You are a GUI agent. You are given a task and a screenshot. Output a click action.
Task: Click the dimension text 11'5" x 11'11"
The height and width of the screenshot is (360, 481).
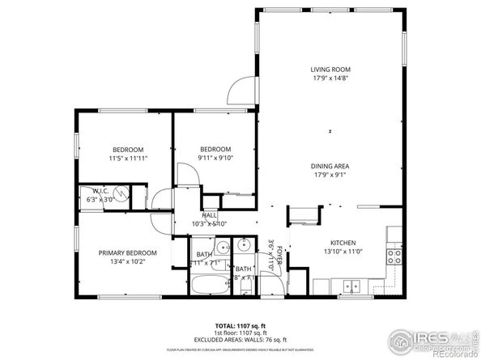point(128,159)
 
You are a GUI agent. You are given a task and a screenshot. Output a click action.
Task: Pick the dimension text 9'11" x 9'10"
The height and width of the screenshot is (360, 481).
point(215,159)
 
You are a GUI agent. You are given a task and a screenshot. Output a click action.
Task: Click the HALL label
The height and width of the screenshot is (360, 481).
point(198,214)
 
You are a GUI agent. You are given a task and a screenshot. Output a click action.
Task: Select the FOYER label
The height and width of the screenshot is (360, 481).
point(279,256)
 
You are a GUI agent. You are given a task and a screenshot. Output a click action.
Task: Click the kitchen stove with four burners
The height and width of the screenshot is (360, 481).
point(394,256)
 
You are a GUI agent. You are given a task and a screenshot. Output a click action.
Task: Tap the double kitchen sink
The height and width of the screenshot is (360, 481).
point(351,286)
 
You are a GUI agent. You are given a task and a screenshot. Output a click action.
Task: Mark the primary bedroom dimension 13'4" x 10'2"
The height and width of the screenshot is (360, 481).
point(128,262)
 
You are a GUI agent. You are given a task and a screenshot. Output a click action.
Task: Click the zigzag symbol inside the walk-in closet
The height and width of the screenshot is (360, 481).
point(121,193)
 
